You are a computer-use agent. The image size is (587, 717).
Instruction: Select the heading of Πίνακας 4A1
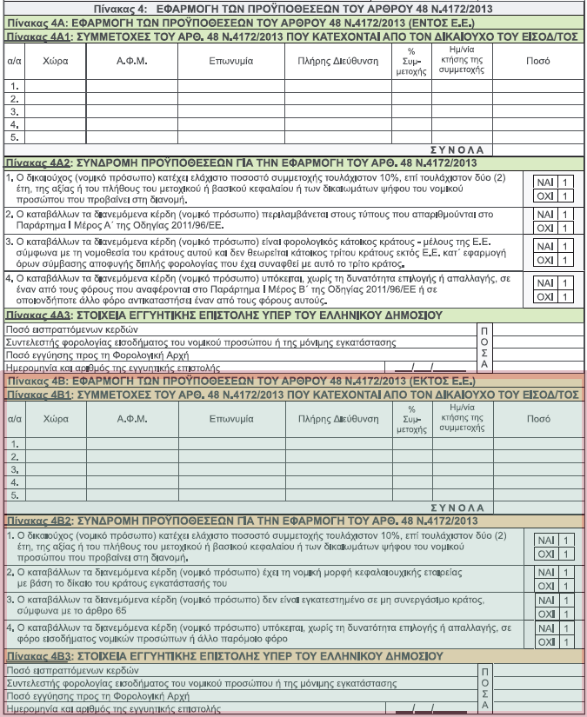click(291, 37)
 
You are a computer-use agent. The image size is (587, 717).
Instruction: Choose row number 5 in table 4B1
click(14, 495)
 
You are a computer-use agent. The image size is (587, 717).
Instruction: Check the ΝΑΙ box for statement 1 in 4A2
click(553, 183)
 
